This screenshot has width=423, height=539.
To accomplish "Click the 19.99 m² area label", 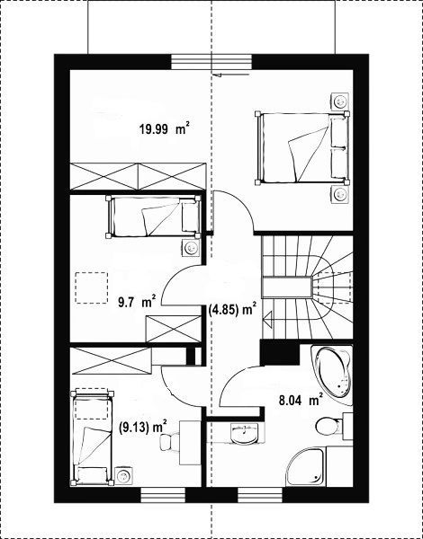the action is coord(165,128).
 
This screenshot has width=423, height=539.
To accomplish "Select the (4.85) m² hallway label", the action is coord(233,310).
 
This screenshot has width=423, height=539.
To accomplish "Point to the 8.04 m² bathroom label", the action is coord(301,401).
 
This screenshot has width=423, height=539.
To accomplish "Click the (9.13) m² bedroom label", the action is coord(143,428).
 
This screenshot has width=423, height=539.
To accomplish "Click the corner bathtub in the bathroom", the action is coord(333,375).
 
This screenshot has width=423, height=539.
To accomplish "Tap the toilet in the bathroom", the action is coord(329,426).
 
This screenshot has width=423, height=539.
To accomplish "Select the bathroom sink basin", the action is coord(244,434).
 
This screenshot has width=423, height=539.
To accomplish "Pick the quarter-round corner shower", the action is coord(306,466).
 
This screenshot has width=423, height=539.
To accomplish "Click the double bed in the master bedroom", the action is coord(301,147).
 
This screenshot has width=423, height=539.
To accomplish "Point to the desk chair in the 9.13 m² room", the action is coord(169,441).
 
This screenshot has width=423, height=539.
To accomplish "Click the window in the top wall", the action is coord(211,62).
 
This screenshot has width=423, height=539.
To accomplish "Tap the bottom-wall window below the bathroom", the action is coord(260,495).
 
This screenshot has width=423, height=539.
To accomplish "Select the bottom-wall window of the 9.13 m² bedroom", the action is coord(163,495).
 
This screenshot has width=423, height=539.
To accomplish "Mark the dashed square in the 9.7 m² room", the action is coord(92,287).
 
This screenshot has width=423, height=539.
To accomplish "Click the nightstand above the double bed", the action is coord(339,102).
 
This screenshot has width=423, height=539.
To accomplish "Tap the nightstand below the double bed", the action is coord(339,195).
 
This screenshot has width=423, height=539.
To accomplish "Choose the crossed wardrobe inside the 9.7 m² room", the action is coord(174,329).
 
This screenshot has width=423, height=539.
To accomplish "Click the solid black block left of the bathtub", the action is coord(279,352).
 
